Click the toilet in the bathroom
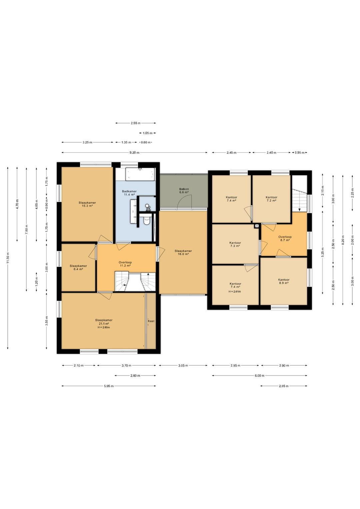click(x=147, y=220)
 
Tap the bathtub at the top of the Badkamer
click(x=140, y=174)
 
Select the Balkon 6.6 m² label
click(x=184, y=190)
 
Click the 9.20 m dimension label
click(x=134, y=152)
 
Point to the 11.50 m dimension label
click(x=8, y=258)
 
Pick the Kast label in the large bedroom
click(x=151, y=321)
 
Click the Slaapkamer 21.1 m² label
click(x=104, y=322)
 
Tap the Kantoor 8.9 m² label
click(x=284, y=281)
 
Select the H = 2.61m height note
click(x=235, y=292)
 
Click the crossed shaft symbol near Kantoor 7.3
click(x=256, y=226)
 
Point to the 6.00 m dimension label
click(x=259, y=376)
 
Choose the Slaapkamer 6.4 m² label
click(x=78, y=267)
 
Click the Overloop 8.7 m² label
click(x=285, y=238)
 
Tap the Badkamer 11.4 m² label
click(x=129, y=193)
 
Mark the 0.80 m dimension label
click(x=146, y=142)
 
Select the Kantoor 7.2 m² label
click(x=271, y=199)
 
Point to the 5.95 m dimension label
click(x=109, y=386)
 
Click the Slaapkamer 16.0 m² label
click(x=183, y=252)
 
